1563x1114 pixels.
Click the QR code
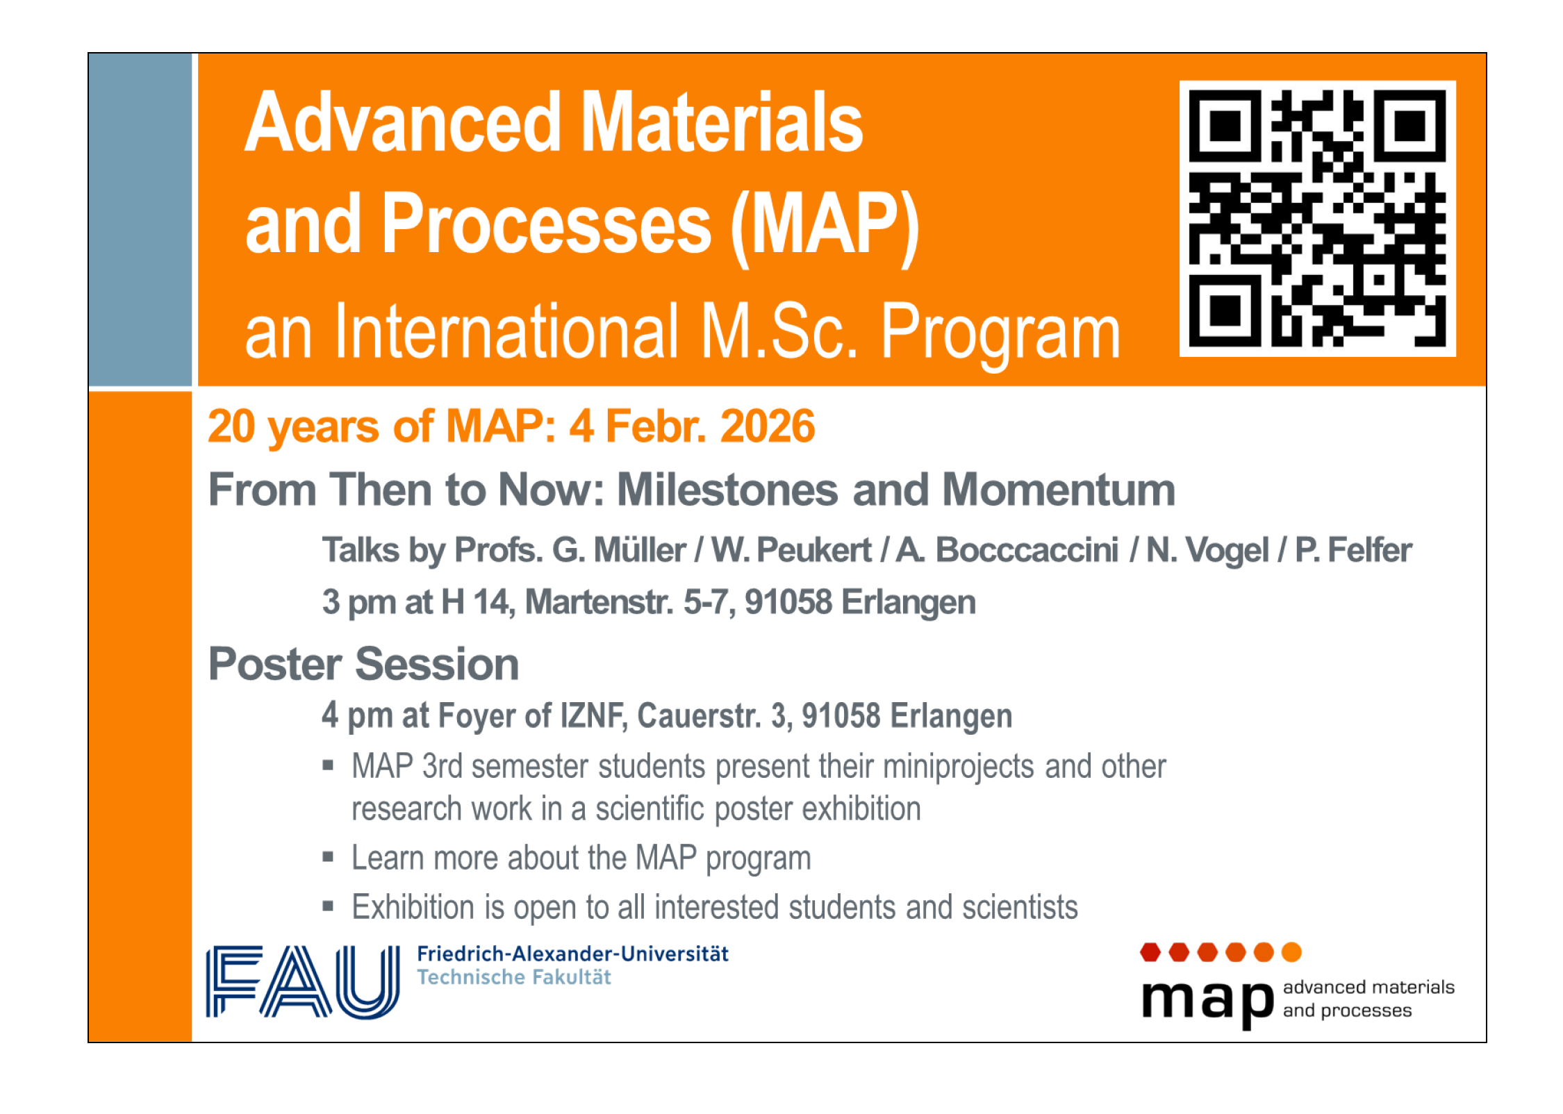1317,218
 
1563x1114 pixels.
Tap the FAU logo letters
302,981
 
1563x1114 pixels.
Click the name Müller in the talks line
640,550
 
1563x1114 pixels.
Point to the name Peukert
813,550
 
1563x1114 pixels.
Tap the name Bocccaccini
1027,550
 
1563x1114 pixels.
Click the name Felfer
1370,550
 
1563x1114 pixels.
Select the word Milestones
728,490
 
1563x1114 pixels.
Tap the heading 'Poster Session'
364,664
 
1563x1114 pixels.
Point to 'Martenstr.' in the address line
599,601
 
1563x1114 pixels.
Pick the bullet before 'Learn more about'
328,856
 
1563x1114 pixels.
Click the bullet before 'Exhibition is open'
328,906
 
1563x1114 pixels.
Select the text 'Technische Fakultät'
514,977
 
